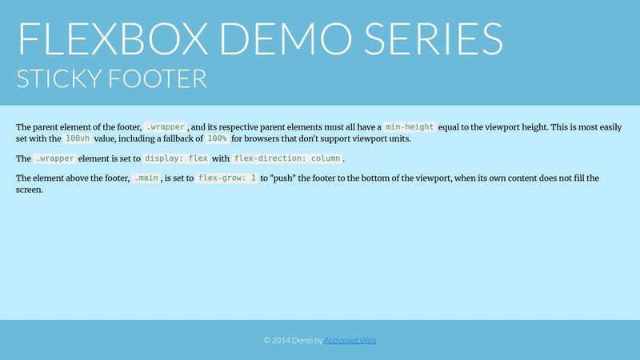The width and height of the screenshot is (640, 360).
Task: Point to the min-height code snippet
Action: point(410,127)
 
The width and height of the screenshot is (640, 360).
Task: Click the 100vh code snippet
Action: point(78,138)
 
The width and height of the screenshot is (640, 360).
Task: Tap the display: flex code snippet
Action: point(175,158)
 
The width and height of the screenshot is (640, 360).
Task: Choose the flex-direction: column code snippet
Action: point(287,158)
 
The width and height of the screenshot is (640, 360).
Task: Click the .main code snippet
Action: point(146,178)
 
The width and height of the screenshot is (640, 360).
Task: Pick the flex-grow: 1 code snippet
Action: point(227,178)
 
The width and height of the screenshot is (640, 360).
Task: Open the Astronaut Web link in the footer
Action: point(350,340)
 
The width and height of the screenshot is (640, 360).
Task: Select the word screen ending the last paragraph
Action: point(30,190)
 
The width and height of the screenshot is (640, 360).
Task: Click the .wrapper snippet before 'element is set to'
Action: point(54,158)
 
